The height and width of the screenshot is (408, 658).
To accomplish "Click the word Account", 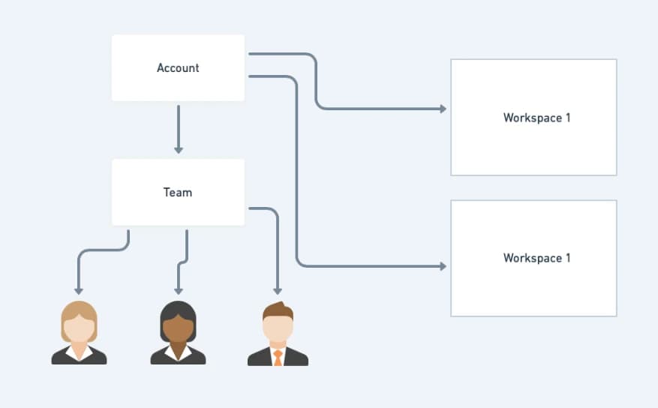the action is point(178,68).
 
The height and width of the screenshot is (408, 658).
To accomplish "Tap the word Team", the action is point(178,193).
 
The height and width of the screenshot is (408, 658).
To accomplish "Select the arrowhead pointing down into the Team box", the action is point(179,150).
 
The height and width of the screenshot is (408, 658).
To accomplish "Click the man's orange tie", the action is point(278,358).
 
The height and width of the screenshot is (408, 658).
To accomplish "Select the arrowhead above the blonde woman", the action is point(79,291).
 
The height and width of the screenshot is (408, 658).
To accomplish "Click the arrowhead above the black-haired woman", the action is point(179,291).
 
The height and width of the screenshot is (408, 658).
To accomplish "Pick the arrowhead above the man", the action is point(278,291).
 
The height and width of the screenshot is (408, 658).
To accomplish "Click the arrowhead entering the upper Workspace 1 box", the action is point(443,109).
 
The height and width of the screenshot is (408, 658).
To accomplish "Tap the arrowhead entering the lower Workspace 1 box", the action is point(443,266).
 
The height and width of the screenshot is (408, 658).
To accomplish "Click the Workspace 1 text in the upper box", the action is point(536,118).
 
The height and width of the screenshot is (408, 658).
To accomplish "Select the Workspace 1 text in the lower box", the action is point(536,258).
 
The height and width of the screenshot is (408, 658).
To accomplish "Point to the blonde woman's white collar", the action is point(79,353).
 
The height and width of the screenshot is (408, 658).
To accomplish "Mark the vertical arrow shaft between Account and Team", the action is point(179,126).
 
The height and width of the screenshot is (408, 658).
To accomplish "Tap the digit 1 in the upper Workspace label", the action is point(568,118).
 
